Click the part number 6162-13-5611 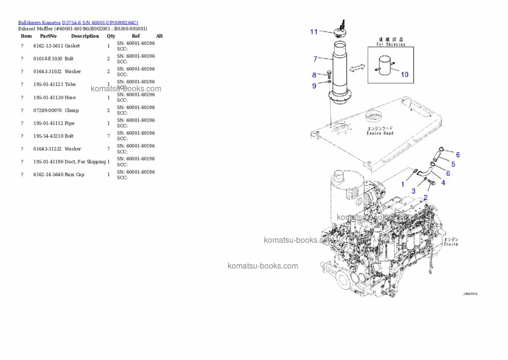pos(48,46)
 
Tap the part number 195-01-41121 pos(48,84)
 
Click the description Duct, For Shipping pos(85,162)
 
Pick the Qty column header pos(111,36)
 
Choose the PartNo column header pos(48,36)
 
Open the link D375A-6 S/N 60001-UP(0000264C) pos(100,22)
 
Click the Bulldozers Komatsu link pos(39,22)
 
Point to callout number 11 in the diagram pos(314,32)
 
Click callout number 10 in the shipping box pos(404,74)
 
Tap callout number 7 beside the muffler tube pos(315,59)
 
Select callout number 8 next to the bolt pos(314,75)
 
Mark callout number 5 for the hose pos(453,164)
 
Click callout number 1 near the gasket pos(403,184)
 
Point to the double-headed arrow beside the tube pos(357,68)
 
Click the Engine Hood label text pos(380,133)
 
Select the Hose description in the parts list pos(70,97)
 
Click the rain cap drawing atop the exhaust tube pos(340,31)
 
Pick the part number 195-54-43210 pos(48,136)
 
